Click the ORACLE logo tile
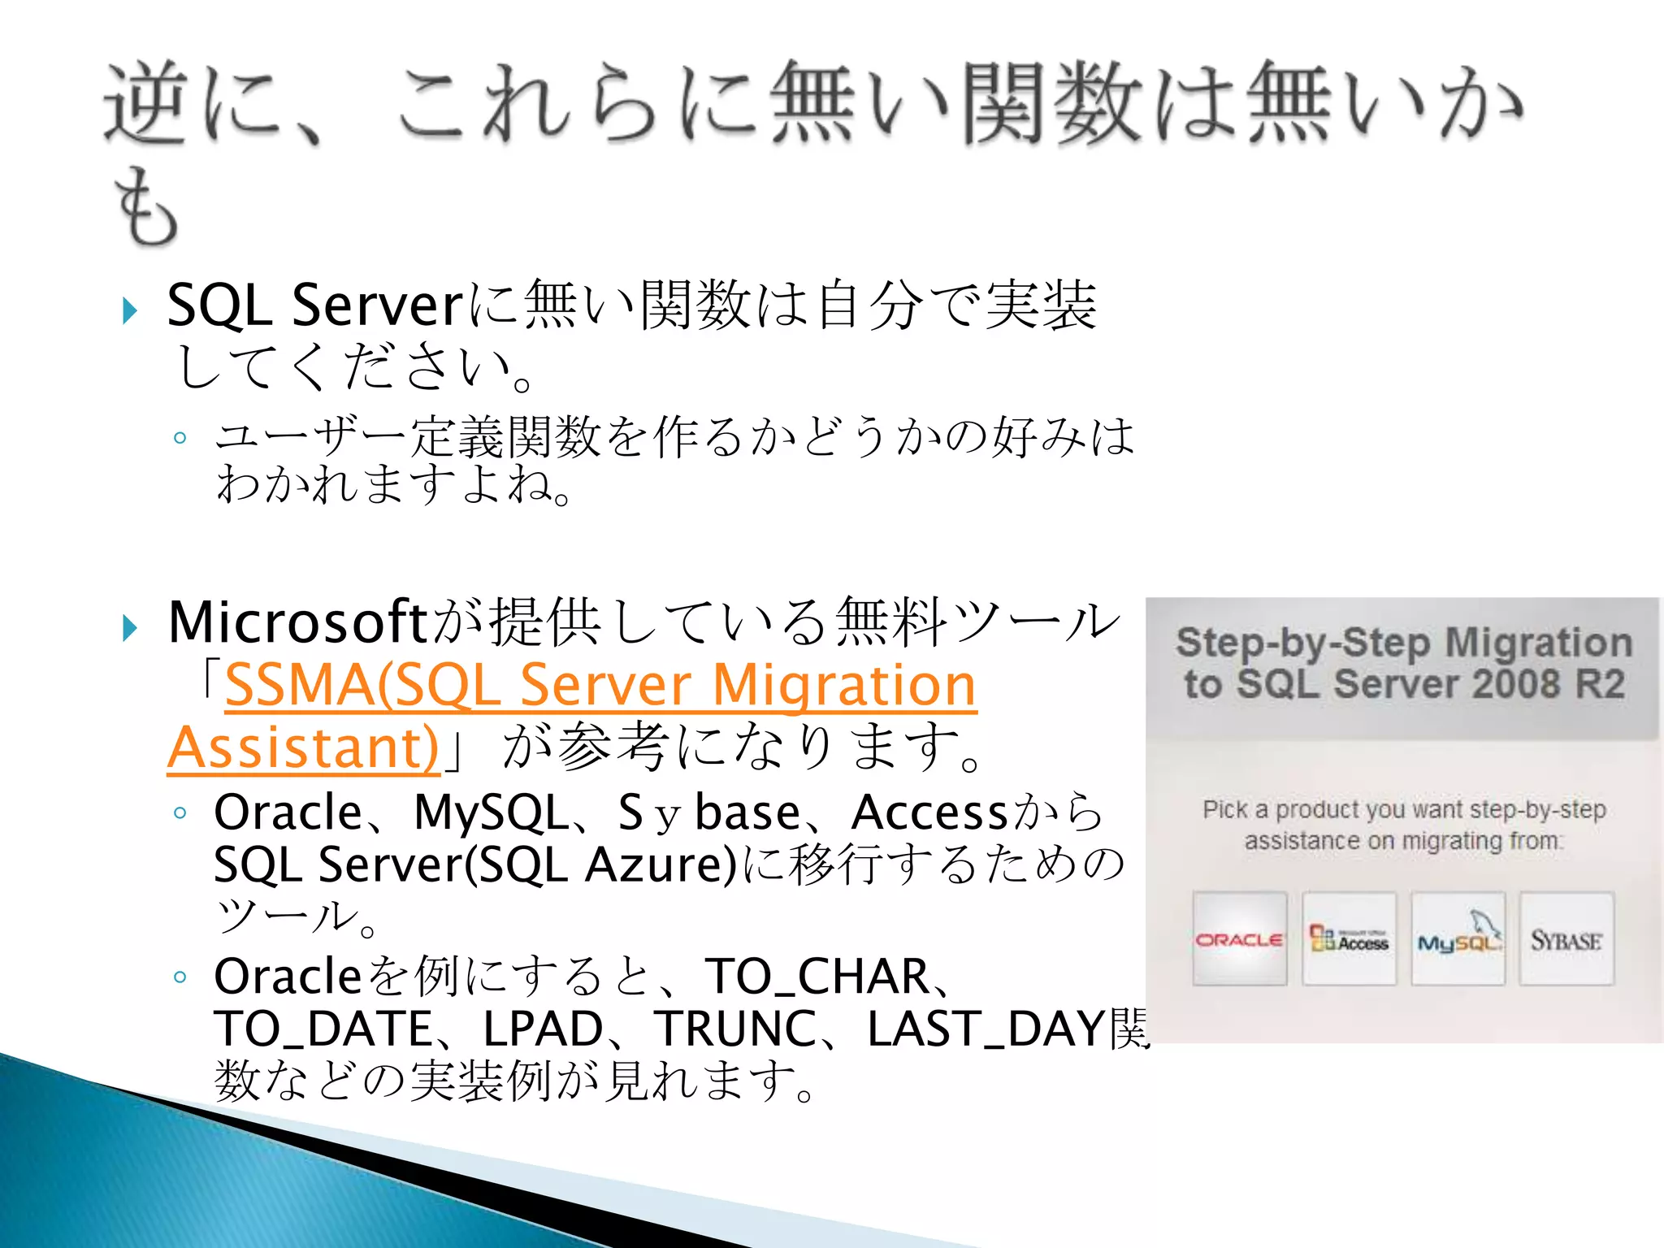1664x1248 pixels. (1239, 939)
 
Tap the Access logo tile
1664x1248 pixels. (1349, 939)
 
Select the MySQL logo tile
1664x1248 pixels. (1458, 939)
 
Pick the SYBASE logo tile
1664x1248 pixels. (1566, 939)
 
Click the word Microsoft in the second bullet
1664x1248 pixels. (297, 622)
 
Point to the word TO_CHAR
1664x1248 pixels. (817, 977)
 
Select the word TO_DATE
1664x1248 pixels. (323, 1029)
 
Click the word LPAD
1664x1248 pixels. (543, 1029)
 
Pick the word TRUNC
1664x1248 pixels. (735, 1029)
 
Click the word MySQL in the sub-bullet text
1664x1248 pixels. (491, 812)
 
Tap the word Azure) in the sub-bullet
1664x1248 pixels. (661, 864)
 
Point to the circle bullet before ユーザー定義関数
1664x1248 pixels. (180, 439)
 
